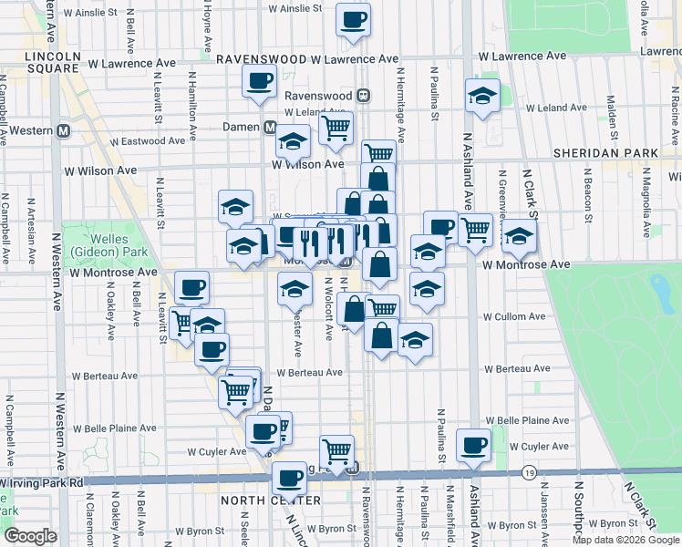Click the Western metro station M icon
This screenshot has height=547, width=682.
(63, 130)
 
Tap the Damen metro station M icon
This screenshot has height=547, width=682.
(270, 127)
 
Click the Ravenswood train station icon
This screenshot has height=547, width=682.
(363, 94)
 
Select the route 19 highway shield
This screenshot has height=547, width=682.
(529, 473)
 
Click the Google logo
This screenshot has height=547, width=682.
(30, 536)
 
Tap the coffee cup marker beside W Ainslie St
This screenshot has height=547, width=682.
(353, 18)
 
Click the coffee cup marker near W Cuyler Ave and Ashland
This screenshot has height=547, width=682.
(473, 445)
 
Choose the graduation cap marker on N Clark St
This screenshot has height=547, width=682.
(519, 236)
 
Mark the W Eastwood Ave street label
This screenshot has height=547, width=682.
(126, 141)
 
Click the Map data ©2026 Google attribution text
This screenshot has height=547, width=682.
(625, 540)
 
